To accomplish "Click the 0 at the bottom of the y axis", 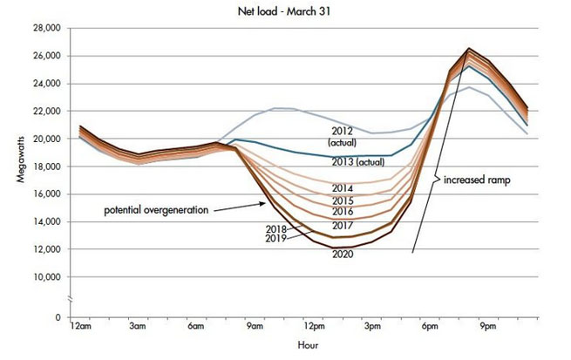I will coord(56,317).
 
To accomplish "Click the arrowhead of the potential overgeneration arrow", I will coord(266,203).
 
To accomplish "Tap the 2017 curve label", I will coord(341,226).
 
